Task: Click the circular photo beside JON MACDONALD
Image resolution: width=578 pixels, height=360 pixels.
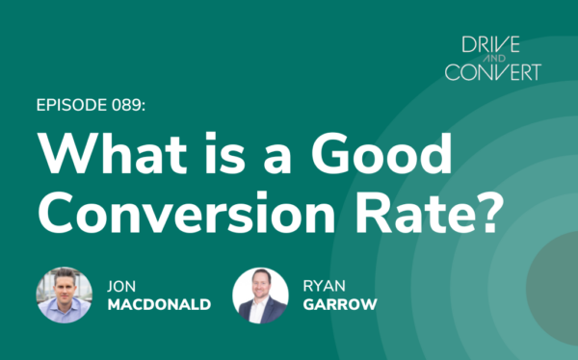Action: (x=64, y=295)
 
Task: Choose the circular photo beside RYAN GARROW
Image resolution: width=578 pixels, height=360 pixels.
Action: (x=260, y=295)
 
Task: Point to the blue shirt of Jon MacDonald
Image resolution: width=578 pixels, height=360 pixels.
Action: (x=66, y=314)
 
